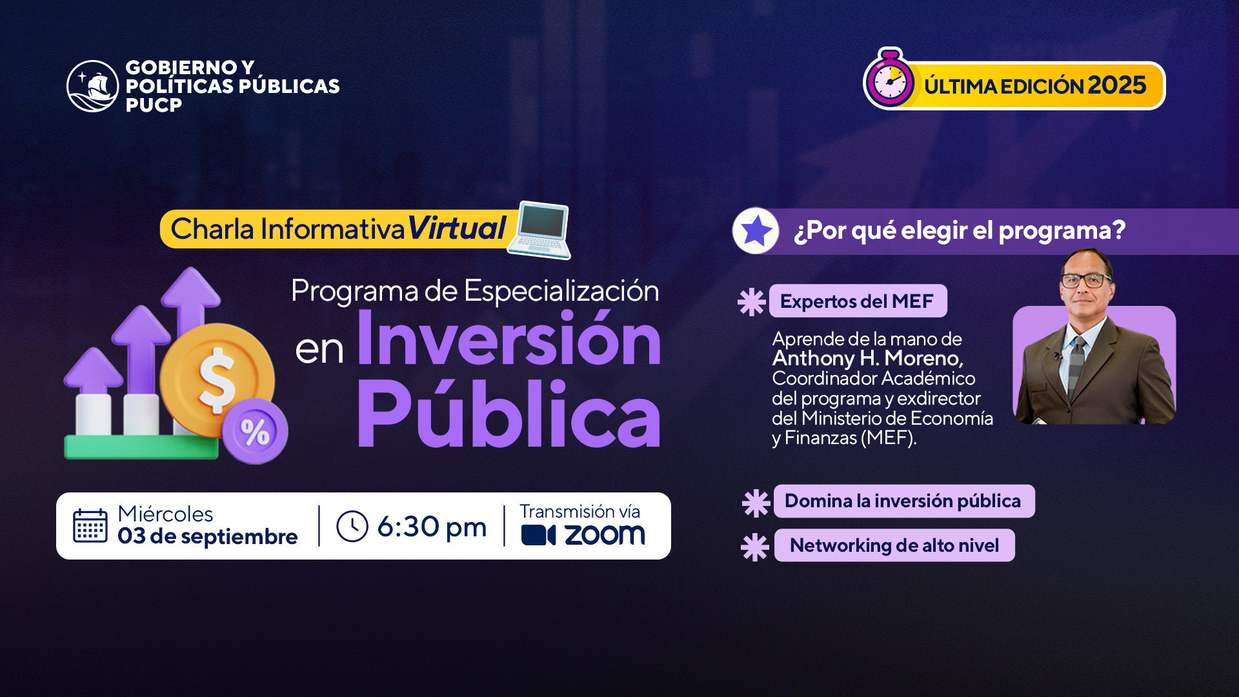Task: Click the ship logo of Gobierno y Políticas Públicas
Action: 93,86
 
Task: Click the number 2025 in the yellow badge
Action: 1117,85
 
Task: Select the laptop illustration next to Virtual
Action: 539,230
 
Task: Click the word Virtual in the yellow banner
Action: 456,228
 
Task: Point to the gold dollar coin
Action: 217,379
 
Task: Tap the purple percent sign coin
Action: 255,431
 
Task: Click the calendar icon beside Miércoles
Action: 90,526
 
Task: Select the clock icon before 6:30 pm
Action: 352,526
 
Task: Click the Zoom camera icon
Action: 538,535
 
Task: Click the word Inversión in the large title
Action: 509,338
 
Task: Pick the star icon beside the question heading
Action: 756,230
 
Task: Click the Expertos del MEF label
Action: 858,301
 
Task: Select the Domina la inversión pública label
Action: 903,501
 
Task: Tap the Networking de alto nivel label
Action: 894,545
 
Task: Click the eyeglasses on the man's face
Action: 1087,280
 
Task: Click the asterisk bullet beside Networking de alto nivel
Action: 755,547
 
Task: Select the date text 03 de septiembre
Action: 208,537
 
